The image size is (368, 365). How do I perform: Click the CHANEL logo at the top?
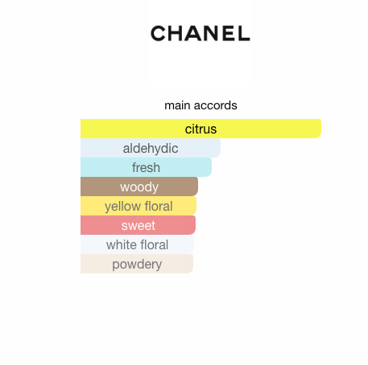[200, 33]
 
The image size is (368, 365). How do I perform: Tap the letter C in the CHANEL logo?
[159, 33]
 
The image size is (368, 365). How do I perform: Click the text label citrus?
[201, 129]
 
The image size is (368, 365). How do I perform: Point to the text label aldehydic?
[151, 149]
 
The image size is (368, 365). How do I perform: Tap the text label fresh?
[146, 167]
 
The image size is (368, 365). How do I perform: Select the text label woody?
[139, 187]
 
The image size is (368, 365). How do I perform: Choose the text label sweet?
[139, 225]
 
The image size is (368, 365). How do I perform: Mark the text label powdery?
[137, 265]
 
